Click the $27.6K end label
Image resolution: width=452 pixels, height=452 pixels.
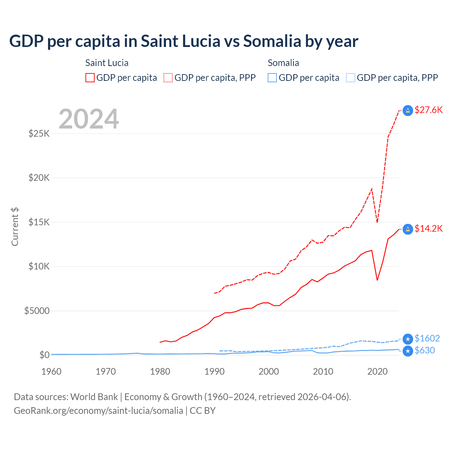428,110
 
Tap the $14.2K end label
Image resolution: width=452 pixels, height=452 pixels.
428,228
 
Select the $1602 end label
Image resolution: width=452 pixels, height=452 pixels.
427,338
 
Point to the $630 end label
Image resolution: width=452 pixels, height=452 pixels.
425,350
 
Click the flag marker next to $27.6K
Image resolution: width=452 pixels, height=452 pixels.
408,111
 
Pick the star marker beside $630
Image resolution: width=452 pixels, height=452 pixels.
408,351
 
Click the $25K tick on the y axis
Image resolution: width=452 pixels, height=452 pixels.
39,133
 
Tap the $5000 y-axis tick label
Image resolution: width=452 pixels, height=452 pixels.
37,311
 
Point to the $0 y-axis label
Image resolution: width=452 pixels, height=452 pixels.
44,355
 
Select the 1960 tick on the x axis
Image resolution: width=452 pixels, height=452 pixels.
52,371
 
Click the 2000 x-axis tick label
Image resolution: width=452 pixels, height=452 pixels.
269,371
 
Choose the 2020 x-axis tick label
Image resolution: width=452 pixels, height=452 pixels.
377,371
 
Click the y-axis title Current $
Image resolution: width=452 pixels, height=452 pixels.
15,227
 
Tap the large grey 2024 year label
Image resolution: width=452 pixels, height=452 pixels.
89,119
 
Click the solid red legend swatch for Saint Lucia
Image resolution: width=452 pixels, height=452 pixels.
90,78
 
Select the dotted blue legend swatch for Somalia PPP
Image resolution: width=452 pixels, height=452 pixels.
351,78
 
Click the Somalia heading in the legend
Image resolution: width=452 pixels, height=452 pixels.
283,63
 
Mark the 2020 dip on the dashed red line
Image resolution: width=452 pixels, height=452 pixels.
377,222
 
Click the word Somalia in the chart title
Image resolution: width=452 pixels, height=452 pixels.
272,41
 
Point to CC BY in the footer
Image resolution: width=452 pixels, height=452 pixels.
202,411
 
